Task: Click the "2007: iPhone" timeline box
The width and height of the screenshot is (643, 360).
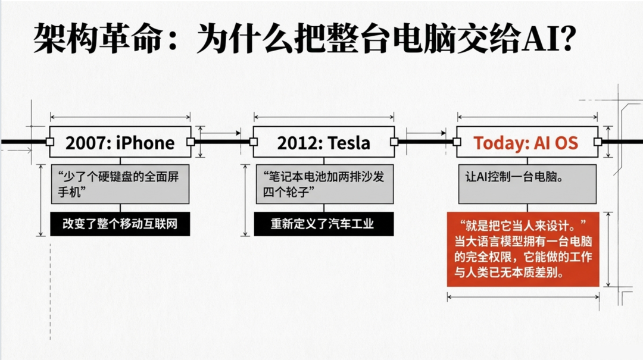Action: [x=120, y=142]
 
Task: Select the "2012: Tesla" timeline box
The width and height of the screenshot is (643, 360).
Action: [x=323, y=142]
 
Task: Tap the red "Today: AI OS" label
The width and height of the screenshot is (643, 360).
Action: [x=526, y=143]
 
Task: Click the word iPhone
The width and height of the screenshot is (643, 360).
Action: [x=145, y=143]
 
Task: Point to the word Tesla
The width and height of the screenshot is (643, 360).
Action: [x=349, y=143]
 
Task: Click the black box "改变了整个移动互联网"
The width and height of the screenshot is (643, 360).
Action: [x=120, y=224]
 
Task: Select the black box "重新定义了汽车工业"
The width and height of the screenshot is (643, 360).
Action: [x=323, y=224]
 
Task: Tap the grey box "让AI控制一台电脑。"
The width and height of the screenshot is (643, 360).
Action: [x=527, y=184]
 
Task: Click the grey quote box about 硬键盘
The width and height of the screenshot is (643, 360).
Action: [x=120, y=184]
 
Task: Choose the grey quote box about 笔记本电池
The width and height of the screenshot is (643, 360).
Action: [x=324, y=184]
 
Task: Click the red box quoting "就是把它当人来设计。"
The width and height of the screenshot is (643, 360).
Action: [x=523, y=249]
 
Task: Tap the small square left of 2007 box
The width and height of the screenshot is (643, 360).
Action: [x=49, y=142]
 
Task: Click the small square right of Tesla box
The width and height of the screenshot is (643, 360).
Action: [x=395, y=142]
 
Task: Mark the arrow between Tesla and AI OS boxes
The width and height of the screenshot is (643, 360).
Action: [x=426, y=133]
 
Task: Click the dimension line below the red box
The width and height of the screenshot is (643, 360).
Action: [x=523, y=296]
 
